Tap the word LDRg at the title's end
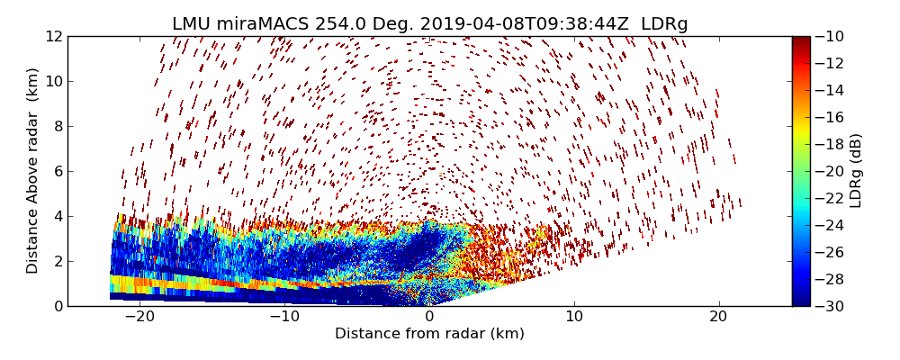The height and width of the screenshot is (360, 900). tap(664, 24)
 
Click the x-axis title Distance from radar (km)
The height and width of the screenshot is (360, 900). tap(429, 334)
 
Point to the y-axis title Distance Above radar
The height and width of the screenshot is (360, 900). tap(33, 170)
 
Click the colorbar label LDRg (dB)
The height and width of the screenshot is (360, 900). tap(856, 170)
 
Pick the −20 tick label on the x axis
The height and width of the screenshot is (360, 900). tap(139, 317)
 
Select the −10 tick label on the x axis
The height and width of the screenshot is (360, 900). tap(284, 317)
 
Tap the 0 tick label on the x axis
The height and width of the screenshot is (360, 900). tap(429, 317)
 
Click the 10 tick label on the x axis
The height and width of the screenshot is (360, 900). tap(574, 317)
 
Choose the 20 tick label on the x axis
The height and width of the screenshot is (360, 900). tap(719, 317)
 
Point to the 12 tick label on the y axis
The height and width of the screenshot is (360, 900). tap(53, 36)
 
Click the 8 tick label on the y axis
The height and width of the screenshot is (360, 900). tap(57, 126)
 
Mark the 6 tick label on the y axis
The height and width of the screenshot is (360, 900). tap(57, 171)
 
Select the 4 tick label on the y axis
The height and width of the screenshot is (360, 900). tap(57, 216)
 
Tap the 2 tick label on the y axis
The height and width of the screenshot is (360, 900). tap(57, 261)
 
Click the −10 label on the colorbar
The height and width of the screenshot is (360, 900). tap(832, 36)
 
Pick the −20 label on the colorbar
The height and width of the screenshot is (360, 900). tap(832, 171)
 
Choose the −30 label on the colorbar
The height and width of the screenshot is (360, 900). tap(832, 306)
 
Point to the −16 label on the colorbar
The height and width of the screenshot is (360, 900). tap(832, 117)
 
